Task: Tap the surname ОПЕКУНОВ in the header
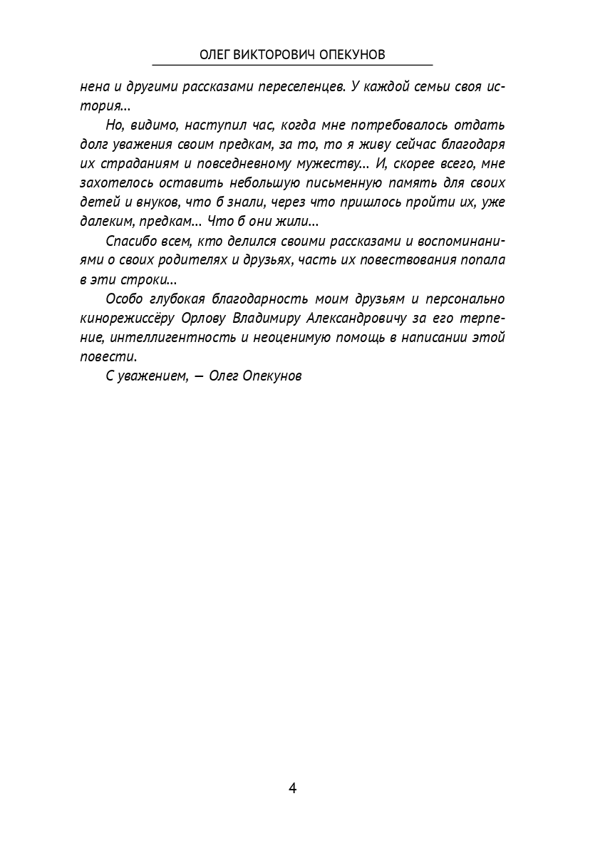pos(347,56)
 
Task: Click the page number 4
pos(292,788)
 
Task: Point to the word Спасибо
pos(130,240)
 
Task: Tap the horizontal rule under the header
pos(292,66)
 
